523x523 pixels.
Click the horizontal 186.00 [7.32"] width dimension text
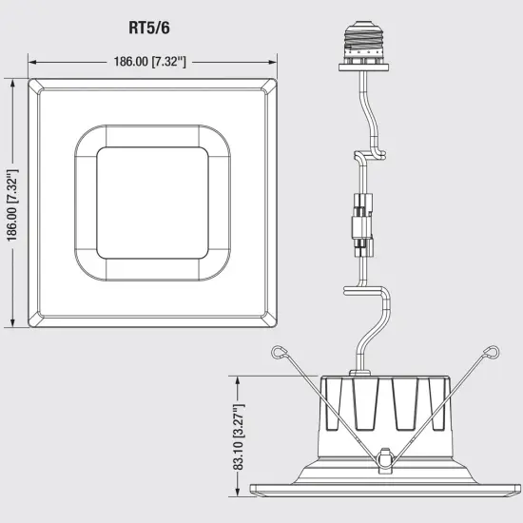coord(152,61)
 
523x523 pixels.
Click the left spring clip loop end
coord(276,354)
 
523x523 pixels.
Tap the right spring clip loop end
coord(492,353)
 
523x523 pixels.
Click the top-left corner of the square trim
coord(34,85)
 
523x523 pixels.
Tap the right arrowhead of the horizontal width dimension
coord(275,61)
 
